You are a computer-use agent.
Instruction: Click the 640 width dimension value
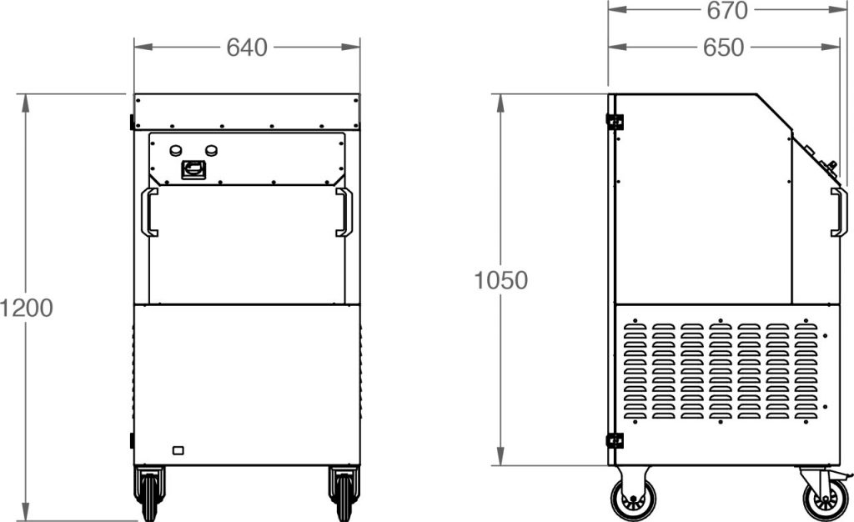coord(247,48)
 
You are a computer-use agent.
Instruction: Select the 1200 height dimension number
coord(27,308)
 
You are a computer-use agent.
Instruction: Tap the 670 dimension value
coord(727,10)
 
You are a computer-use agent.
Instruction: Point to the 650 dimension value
coord(723,48)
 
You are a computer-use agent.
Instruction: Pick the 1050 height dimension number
coord(500,281)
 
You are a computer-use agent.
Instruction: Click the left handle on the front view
coord(149,212)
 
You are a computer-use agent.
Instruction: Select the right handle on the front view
coord(344,212)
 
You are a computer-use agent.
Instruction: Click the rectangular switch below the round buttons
coord(194,170)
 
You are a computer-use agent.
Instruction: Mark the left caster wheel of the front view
coord(150,494)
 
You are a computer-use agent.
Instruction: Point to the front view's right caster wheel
coord(344,494)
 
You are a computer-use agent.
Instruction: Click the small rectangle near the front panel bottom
coord(178,451)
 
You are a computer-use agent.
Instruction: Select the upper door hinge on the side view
coord(615,122)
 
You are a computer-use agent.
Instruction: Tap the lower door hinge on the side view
coord(615,440)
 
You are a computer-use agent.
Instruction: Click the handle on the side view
coord(839,212)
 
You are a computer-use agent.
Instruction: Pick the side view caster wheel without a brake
coord(633,499)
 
